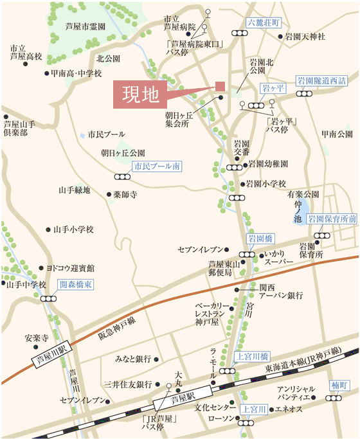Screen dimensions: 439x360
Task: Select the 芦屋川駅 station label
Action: tap(50, 353)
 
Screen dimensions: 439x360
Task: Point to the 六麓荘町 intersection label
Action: tap(264, 22)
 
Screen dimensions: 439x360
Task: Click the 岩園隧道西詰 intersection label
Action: tap(321, 80)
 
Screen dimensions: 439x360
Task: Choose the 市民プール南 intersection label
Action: tap(157, 166)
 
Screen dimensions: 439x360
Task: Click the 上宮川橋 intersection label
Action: tap(253, 355)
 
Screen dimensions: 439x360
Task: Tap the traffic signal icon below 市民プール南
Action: tap(122, 176)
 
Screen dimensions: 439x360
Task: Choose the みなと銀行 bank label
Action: tap(134, 358)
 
